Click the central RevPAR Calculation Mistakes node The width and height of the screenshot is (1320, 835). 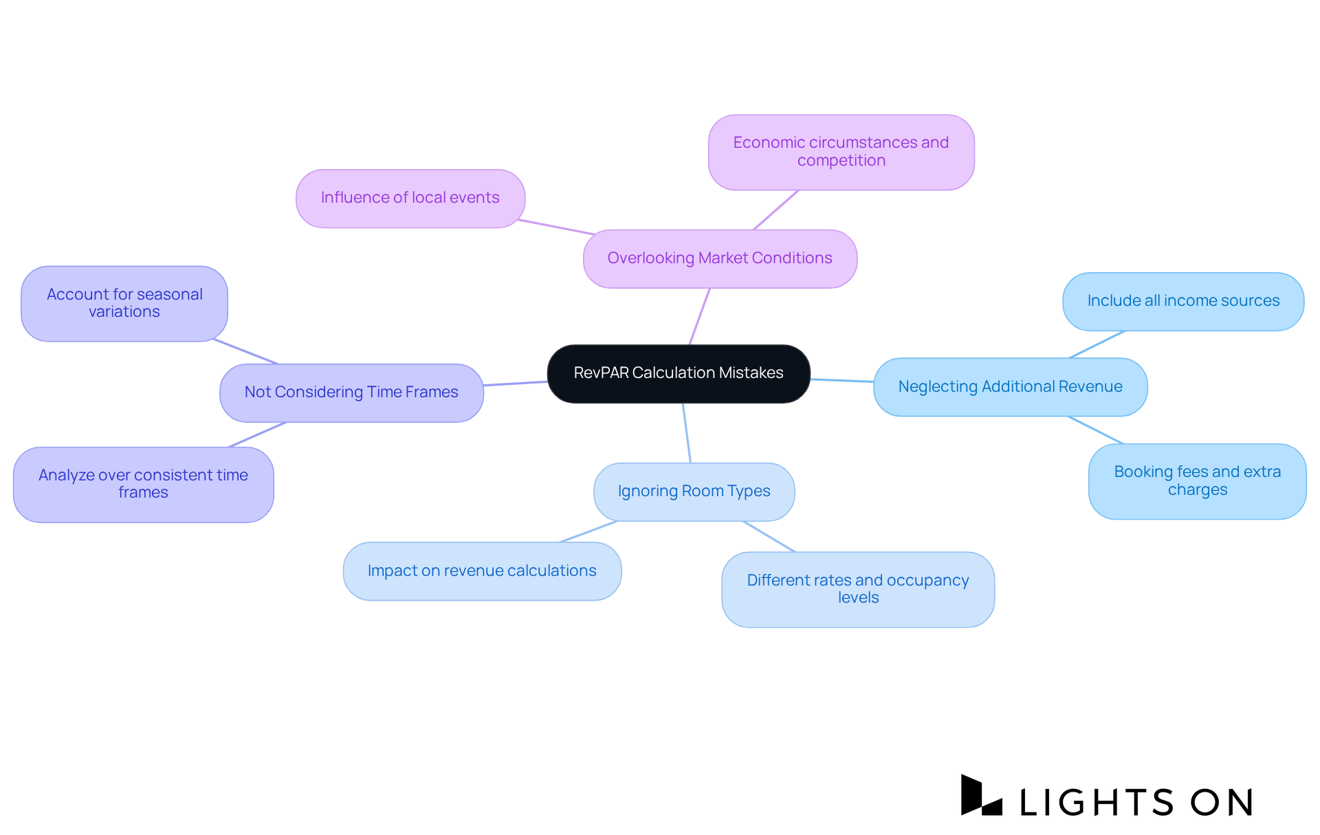coord(679,373)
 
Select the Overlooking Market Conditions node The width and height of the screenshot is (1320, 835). coord(720,258)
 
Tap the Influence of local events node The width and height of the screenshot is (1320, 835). coord(410,198)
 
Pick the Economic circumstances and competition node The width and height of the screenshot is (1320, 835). coord(841,152)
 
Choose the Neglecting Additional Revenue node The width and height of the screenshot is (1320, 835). coord(1010,387)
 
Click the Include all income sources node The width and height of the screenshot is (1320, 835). coord(1183,301)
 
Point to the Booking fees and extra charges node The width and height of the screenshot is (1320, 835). coord(1197,481)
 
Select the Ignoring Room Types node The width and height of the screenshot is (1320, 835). coord(694,491)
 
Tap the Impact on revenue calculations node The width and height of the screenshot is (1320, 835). coord(482,571)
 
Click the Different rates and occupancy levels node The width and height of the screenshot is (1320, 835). coord(858,589)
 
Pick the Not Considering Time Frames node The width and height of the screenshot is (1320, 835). coord(351,392)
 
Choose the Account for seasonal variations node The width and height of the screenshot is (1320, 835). coord(124,303)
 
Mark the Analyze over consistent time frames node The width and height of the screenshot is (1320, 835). coord(143,484)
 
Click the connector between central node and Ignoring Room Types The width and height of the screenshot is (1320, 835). coord(687,433)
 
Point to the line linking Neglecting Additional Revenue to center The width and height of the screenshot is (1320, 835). coord(842,380)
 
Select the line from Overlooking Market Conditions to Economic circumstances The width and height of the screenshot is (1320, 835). coord(776,210)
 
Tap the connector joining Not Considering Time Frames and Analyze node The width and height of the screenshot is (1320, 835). coord(257,434)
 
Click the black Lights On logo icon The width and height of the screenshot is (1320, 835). coord(980,797)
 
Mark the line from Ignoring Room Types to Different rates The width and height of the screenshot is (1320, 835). coord(769,536)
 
